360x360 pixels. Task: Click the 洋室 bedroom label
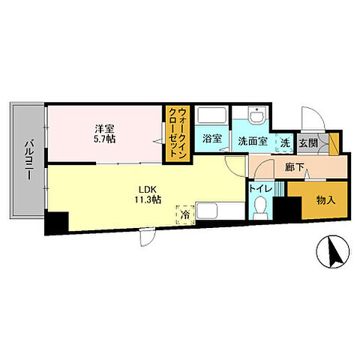104,129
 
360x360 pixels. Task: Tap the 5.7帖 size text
104,139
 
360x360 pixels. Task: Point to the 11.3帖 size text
148,199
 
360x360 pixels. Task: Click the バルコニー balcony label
29,160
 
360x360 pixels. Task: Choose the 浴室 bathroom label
212,139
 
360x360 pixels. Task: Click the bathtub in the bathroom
211,115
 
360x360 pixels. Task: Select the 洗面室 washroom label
253,141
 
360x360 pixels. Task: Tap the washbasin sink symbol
257,115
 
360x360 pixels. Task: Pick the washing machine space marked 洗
285,142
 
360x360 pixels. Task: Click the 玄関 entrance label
308,143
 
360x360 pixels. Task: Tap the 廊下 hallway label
295,167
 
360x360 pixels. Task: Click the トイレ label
260,189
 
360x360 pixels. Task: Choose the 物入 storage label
325,200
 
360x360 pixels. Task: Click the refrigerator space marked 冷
185,214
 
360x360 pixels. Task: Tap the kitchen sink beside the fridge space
206,211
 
